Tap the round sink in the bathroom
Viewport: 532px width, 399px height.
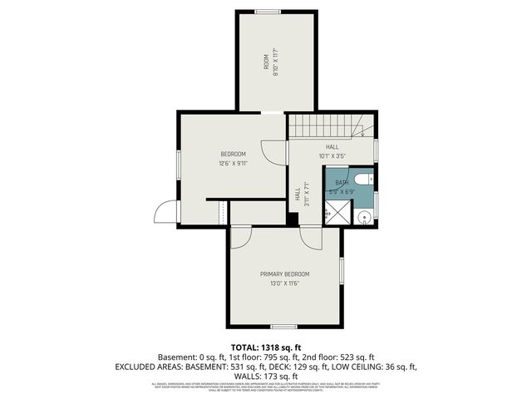pyautogui.click(x=362, y=217)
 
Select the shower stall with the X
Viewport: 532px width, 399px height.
pyautogui.click(x=336, y=214)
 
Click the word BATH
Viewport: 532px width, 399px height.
pyautogui.click(x=342, y=183)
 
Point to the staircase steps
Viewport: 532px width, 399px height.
pyautogui.click(x=325, y=126)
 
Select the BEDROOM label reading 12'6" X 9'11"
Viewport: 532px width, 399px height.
pyautogui.click(x=233, y=154)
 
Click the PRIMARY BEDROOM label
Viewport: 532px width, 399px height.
pyautogui.click(x=284, y=274)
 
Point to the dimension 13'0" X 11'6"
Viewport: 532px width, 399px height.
pyautogui.click(x=284, y=283)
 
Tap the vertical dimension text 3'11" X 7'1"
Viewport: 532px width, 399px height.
pyautogui.click(x=307, y=193)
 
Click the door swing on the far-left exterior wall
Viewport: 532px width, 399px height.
pyautogui.click(x=166, y=211)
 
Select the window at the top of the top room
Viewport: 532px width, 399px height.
pyautogui.click(x=268, y=12)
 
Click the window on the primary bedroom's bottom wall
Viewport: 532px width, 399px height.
pyautogui.click(x=283, y=326)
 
